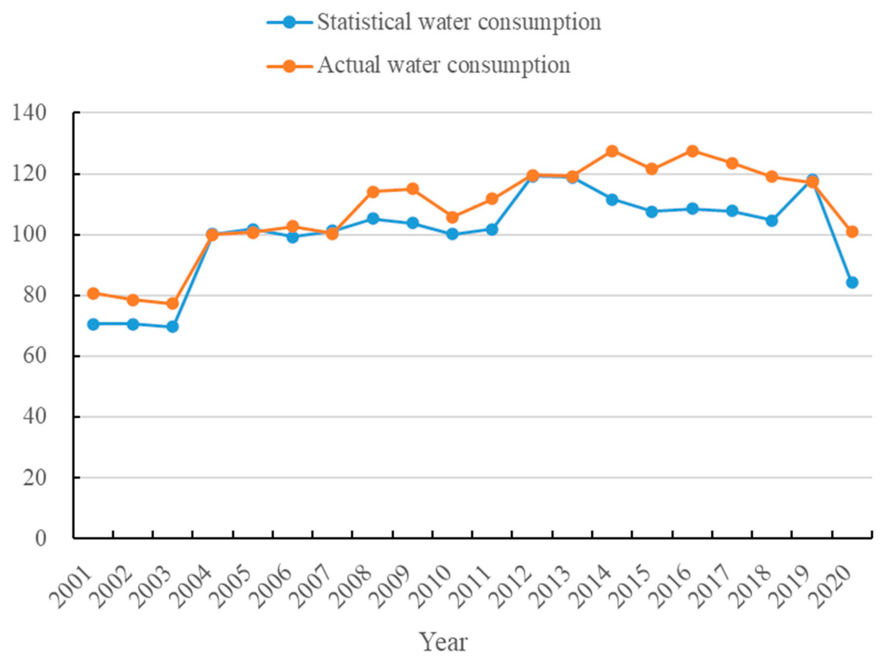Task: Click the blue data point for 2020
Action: coord(852,282)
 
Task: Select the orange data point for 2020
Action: coord(852,232)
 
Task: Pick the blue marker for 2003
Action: coord(173,327)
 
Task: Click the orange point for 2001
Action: coord(93,293)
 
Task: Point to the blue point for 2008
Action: coord(373,218)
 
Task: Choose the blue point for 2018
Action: coord(772,220)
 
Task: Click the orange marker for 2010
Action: coord(452,217)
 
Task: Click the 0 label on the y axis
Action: coord(40,538)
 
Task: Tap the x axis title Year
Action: coord(443,642)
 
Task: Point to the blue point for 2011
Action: coord(492,229)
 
